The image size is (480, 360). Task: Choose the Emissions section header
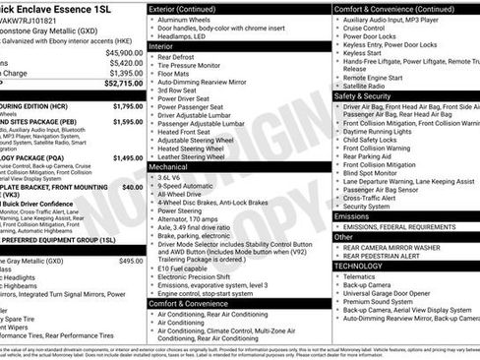(x=354, y=215)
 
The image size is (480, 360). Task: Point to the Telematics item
(x=364, y=276)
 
